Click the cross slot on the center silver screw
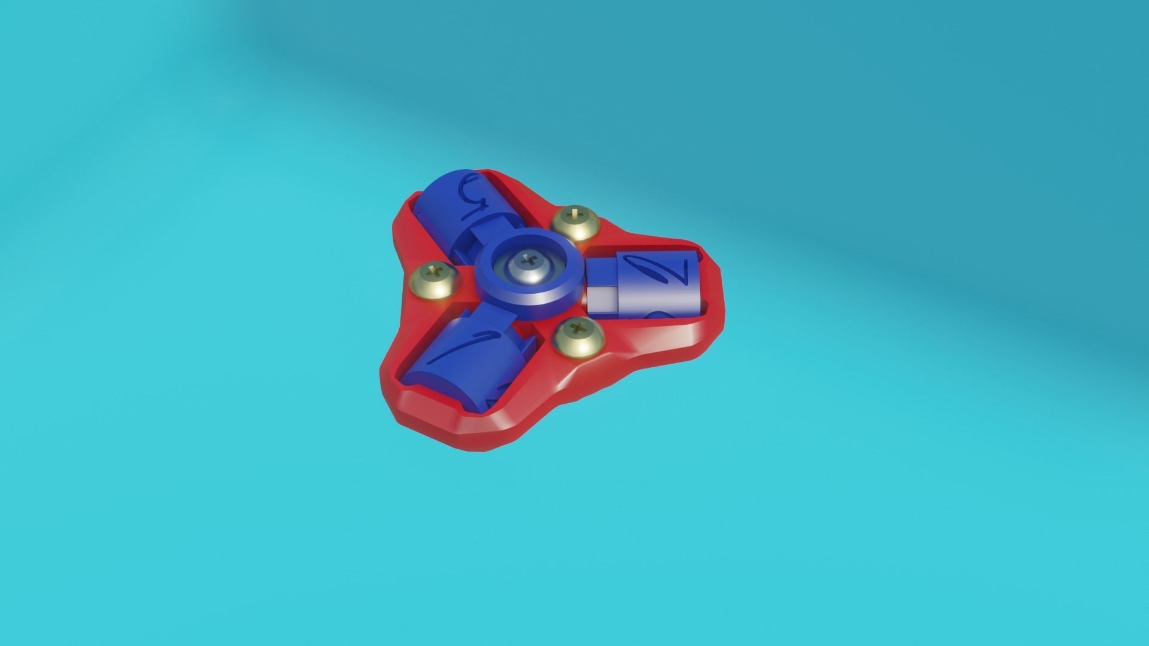527,261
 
